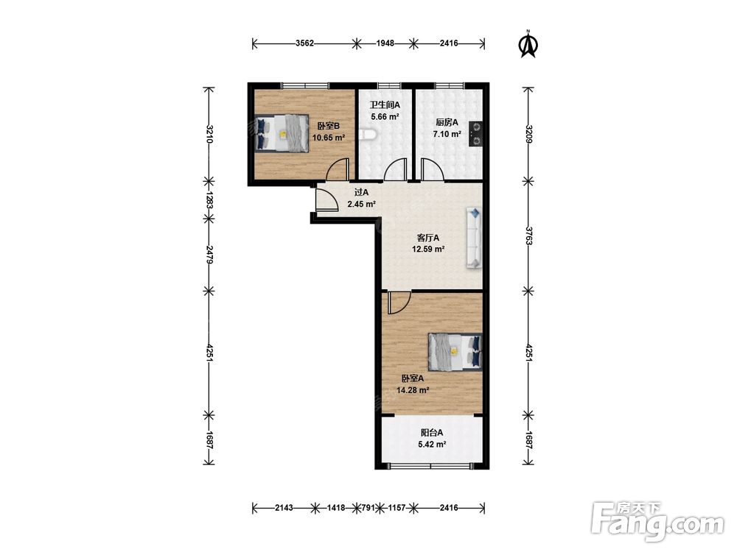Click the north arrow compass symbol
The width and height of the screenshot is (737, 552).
528,43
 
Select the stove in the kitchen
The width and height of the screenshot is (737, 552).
475,134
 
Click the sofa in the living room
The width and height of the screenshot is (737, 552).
474,238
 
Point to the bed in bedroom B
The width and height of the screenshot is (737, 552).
282,132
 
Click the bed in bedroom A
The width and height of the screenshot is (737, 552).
455,352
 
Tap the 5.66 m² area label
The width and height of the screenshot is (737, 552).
385,117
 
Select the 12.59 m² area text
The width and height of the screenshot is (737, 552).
428,250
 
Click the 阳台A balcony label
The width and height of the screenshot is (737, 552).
431,433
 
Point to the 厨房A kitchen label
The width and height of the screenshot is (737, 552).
447,122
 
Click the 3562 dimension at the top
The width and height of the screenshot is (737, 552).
304,43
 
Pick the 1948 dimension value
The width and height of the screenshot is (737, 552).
385,43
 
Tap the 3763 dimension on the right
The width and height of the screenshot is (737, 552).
528,236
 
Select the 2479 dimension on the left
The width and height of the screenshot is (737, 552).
209,255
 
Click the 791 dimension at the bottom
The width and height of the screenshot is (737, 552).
368,507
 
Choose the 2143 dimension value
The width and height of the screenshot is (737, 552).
284,507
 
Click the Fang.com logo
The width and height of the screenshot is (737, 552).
657,521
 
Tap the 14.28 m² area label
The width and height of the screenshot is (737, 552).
413,390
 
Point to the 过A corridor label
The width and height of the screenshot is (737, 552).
361,192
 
